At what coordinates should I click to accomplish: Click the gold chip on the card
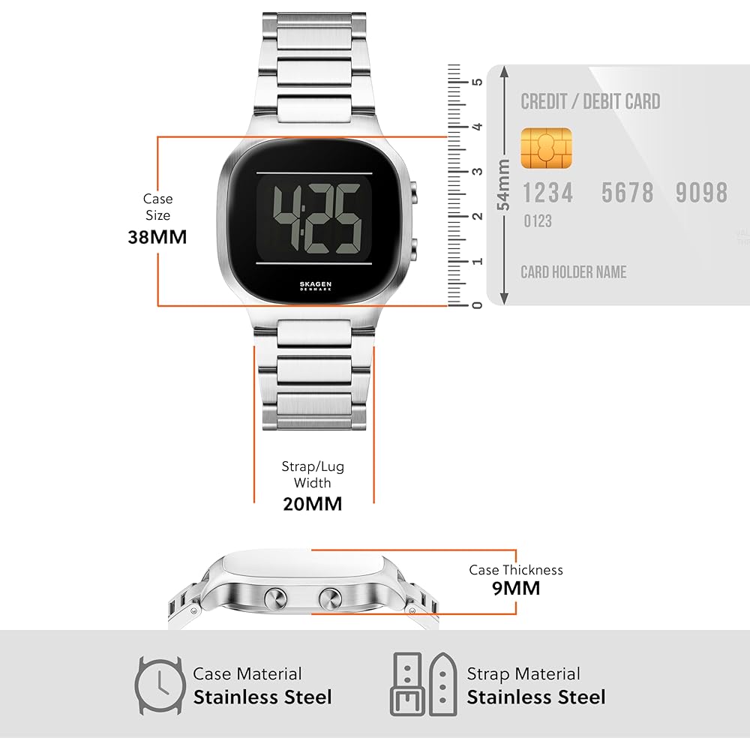[546, 148]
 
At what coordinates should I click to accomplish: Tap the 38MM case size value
[157, 237]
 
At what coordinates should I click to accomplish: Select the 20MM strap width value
[312, 503]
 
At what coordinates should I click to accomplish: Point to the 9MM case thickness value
[516, 587]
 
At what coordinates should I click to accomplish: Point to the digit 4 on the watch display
[286, 211]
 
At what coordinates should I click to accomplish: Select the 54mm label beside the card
[503, 184]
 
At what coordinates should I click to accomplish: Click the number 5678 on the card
[628, 193]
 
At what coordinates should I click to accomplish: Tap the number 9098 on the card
[701, 193]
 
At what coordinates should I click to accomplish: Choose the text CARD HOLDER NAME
[574, 272]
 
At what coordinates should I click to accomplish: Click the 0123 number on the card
[537, 221]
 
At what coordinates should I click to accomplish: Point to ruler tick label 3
[476, 171]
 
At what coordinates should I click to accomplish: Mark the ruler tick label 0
[476, 304]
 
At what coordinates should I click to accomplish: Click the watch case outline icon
[159, 685]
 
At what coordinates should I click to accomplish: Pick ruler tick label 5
[476, 81]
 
